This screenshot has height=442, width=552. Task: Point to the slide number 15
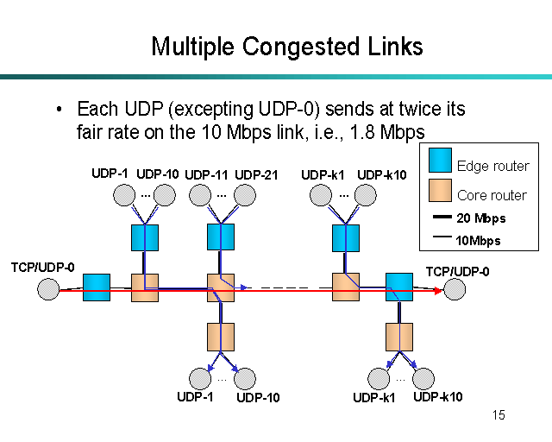(x=499, y=416)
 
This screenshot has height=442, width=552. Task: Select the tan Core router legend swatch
(x=441, y=194)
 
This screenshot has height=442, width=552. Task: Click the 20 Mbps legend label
(x=480, y=218)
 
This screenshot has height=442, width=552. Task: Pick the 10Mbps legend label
(x=478, y=241)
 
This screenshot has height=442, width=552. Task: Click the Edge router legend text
(x=493, y=166)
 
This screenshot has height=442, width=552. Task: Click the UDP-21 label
(x=256, y=175)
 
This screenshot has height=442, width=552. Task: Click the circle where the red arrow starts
(x=49, y=290)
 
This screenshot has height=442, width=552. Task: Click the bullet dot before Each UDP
(x=60, y=110)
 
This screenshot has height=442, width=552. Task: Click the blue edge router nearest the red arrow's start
(x=97, y=287)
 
